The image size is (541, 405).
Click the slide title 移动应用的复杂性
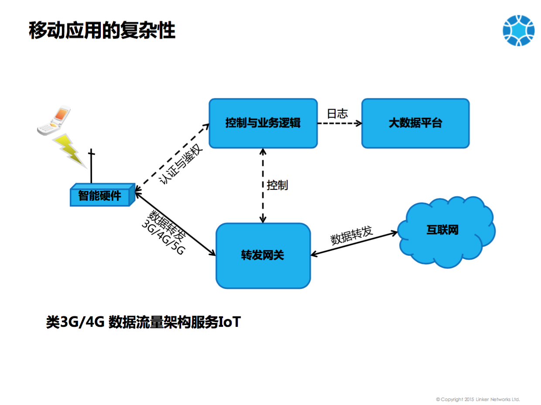[x=102, y=30]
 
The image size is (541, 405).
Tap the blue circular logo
[x=518, y=31]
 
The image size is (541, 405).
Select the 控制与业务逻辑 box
[x=263, y=123]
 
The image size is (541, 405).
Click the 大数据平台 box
[x=415, y=123]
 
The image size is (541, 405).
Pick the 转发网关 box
[x=263, y=256]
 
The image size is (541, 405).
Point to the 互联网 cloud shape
[x=446, y=232]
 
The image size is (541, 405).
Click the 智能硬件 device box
[x=103, y=195]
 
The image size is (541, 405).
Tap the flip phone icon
[x=54, y=120]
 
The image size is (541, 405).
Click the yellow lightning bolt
[x=69, y=151]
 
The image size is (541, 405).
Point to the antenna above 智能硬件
[x=92, y=166]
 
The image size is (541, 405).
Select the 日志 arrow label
[x=337, y=113]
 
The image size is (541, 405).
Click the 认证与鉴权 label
[x=181, y=164]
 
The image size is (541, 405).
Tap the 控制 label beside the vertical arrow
[x=277, y=185]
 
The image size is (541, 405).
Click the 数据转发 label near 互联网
[x=352, y=235]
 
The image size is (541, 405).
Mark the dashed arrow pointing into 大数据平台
[x=339, y=123]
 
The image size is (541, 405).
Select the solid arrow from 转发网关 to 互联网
[x=354, y=244]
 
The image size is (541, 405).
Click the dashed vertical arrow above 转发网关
[x=263, y=185]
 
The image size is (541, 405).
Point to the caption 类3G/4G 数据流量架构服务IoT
[x=144, y=322]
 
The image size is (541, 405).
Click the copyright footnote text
[x=478, y=399]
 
